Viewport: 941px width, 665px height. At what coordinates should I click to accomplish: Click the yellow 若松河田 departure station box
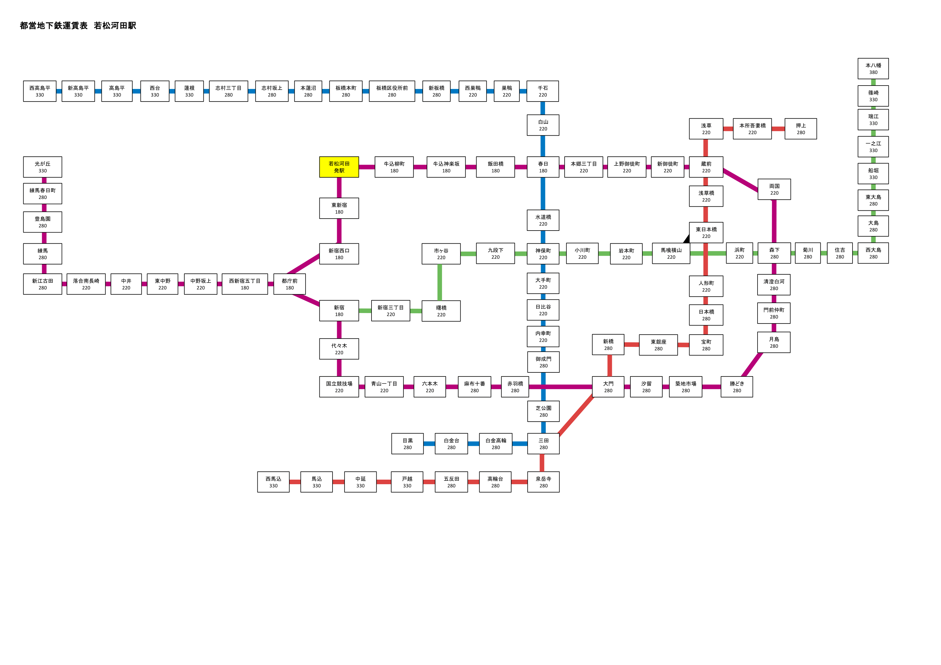[339, 167]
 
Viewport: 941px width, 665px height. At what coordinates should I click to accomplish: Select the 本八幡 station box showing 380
[873, 69]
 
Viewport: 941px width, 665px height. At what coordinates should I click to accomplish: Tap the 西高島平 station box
[40, 91]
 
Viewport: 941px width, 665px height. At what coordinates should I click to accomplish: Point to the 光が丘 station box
[43, 167]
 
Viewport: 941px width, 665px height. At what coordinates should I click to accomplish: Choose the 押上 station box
[800, 129]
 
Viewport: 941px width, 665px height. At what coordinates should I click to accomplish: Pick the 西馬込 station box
[273, 482]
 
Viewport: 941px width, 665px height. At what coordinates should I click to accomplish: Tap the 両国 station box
[774, 189]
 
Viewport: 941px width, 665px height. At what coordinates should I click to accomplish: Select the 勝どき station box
[736, 387]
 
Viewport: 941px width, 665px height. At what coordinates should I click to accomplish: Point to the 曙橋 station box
[441, 311]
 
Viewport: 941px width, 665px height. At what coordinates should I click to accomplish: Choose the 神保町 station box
[543, 254]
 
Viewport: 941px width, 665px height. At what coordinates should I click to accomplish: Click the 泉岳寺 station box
[543, 482]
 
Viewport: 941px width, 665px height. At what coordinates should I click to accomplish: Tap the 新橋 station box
[608, 345]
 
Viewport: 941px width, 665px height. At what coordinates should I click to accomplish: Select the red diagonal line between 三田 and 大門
[576, 415]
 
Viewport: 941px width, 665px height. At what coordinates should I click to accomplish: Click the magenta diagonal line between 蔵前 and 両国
[740, 180]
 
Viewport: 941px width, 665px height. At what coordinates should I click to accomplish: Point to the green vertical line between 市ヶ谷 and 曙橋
[440, 282]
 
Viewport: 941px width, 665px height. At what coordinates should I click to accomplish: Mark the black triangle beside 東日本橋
[686, 239]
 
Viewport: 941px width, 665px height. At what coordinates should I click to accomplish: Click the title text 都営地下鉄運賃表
[54, 25]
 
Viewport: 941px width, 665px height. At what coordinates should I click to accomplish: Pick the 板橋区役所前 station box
[392, 91]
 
